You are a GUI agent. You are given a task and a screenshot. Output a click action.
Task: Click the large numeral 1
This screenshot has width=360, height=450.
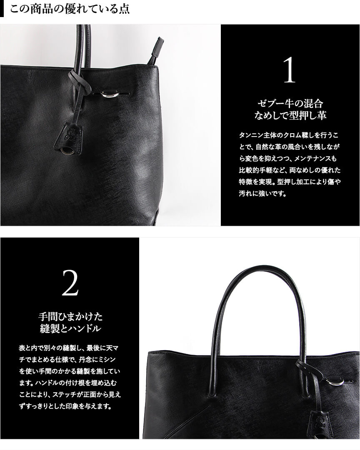(x=289, y=70)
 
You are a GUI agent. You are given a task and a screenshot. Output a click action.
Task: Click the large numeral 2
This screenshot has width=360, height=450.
(x=70, y=283)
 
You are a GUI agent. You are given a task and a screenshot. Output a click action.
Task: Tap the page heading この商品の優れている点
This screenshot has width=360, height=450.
(x=69, y=9)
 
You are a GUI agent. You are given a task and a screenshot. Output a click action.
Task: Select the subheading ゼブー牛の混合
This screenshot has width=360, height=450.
(x=290, y=103)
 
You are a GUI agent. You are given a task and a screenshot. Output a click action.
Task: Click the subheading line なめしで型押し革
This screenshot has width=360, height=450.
(x=290, y=115)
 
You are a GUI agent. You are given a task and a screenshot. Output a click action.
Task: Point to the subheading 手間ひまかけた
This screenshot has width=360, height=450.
(x=70, y=317)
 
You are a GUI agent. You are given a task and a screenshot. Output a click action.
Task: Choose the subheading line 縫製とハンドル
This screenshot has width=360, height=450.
(x=70, y=328)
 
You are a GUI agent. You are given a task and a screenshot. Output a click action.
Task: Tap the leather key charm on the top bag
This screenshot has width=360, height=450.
(x=69, y=139)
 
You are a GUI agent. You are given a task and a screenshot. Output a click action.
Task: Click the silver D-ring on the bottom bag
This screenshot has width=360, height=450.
(x=334, y=382)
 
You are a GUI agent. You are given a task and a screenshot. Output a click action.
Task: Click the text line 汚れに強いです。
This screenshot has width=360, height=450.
(x=262, y=194)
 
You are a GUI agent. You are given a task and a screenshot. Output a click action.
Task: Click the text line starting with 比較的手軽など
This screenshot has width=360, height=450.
(x=290, y=170)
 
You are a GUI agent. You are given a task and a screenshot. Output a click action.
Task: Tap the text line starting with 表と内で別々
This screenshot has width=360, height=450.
(x=69, y=348)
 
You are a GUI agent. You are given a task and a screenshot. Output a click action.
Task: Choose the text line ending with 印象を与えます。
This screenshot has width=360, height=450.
(x=65, y=406)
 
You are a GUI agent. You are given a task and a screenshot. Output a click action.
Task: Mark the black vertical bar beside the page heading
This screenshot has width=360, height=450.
(x=2, y=9)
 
